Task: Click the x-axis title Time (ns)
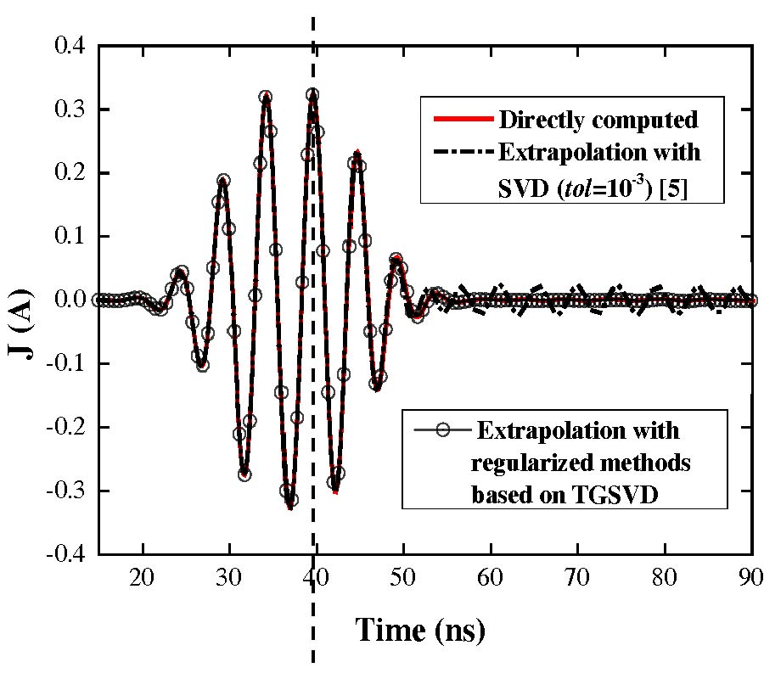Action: click(420, 630)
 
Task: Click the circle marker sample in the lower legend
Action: click(442, 429)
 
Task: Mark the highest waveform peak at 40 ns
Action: click(312, 94)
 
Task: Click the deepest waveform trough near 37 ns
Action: click(290, 507)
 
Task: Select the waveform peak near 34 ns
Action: click(266, 97)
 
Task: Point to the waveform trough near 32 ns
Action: click(244, 474)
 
